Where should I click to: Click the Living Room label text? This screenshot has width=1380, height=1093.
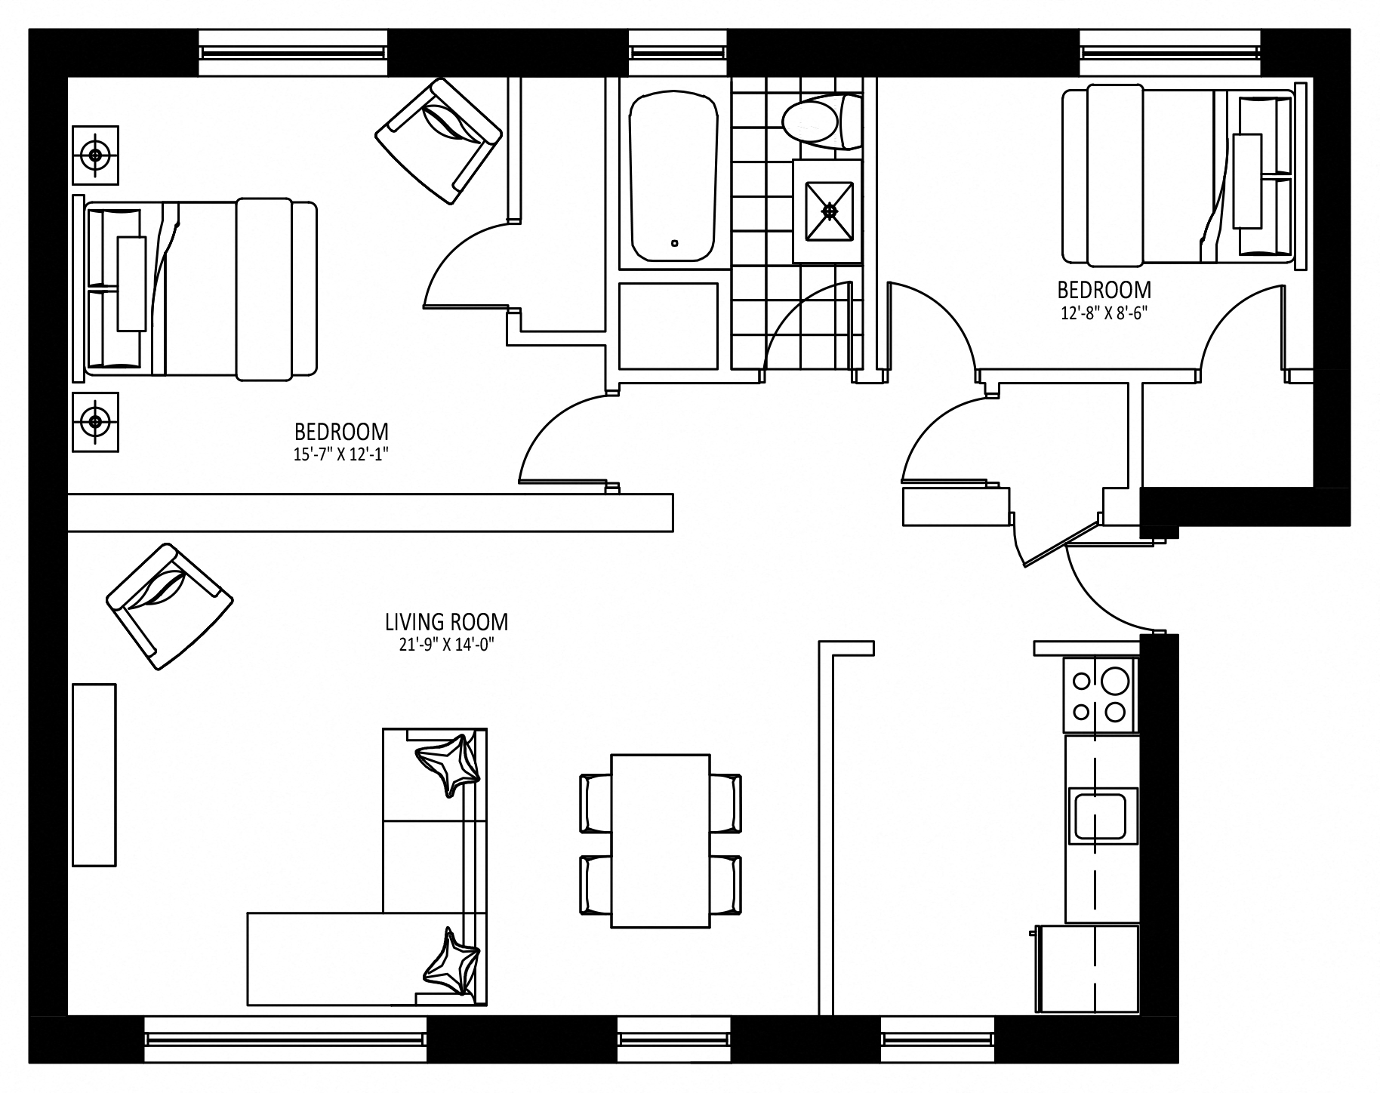pyautogui.click(x=446, y=622)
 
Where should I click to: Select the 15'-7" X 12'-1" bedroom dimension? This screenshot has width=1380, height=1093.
pyautogui.click(x=341, y=454)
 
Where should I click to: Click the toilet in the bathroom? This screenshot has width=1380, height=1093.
pyautogui.click(x=821, y=121)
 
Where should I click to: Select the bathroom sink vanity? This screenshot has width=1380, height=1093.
pyautogui.click(x=827, y=211)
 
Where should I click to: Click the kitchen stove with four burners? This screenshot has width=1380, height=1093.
pyautogui.click(x=1100, y=694)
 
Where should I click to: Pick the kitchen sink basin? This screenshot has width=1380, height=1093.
pyautogui.click(x=1101, y=816)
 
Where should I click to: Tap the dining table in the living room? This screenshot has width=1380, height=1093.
pyautogui.click(x=661, y=840)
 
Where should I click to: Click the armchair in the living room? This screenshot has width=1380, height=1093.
pyautogui.click(x=170, y=605)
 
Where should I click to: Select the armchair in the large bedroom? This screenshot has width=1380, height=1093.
pyautogui.click(x=439, y=141)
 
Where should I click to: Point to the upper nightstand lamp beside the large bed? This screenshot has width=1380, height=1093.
pyautogui.click(x=95, y=155)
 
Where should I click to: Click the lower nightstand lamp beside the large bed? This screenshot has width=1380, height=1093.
pyautogui.click(x=95, y=421)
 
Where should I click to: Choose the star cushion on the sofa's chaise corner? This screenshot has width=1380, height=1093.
pyautogui.click(x=451, y=965)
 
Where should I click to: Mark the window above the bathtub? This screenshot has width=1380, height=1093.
pyautogui.click(x=677, y=52)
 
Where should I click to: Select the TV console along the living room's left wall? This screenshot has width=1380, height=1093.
pyautogui.click(x=94, y=775)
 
